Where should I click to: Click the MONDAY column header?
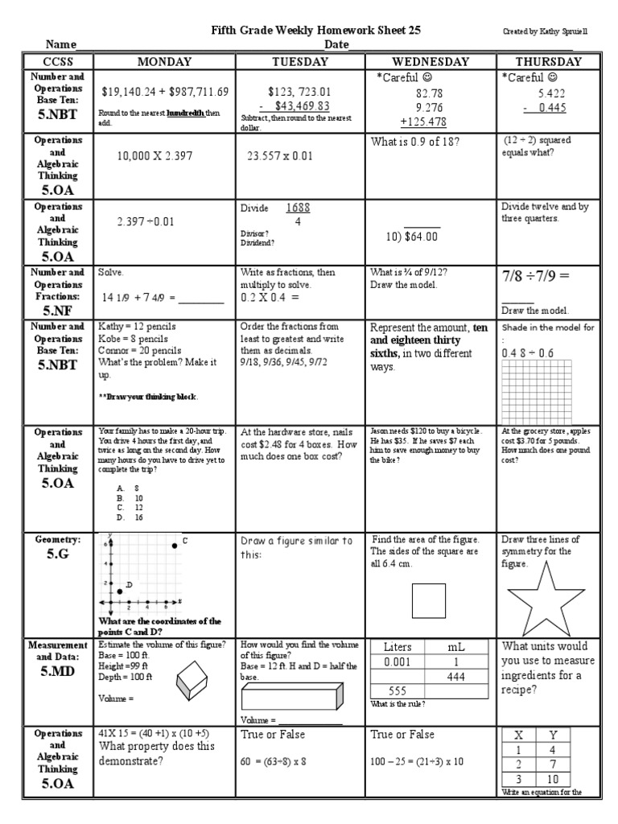(164, 61)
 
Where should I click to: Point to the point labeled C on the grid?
(175, 546)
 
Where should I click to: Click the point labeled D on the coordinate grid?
(120, 591)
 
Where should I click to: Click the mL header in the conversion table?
(456, 647)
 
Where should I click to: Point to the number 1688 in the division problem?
(299, 208)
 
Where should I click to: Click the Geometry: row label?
(56, 538)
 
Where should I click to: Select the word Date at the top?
(336, 44)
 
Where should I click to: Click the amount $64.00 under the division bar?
(418, 237)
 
